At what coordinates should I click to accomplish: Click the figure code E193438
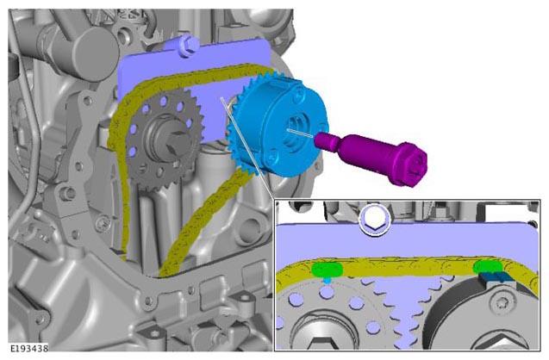coord(29,348)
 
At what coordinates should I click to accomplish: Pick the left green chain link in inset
coord(327,270)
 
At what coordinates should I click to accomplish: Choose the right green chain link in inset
coord(488,267)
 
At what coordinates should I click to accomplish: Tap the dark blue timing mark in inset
coord(496,276)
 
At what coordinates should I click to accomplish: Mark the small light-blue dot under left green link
coord(327,280)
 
